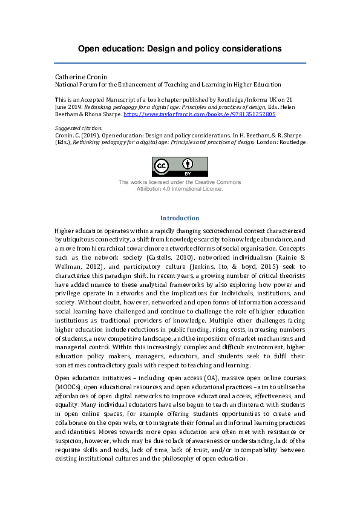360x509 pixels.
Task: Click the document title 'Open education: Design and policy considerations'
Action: pos(180,48)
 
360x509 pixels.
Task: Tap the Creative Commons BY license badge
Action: pos(180,166)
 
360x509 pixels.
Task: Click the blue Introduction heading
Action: pos(180,218)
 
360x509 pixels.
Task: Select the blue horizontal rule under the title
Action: pos(180,63)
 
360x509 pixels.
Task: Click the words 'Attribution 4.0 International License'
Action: pos(180,189)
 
